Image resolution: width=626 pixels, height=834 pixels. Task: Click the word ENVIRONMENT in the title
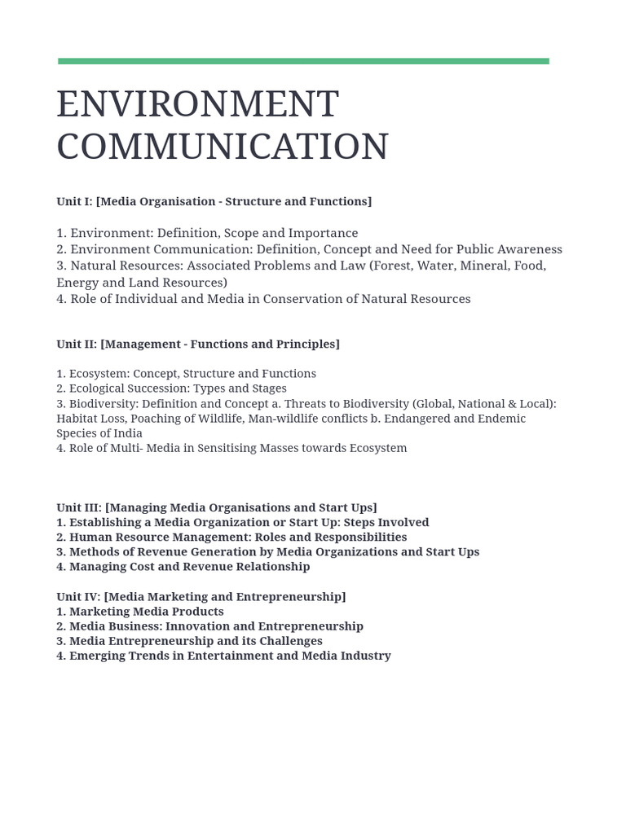(x=197, y=105)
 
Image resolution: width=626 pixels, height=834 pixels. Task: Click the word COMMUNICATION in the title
(x=223, y=147)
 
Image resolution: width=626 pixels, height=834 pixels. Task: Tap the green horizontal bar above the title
(x=303, y=61)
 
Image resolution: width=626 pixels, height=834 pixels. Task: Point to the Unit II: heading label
(x=76, y=344)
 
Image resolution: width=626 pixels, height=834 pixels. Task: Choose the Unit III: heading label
(x=78, y=507)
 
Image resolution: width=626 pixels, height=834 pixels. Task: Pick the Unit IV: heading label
(x=78, y=596)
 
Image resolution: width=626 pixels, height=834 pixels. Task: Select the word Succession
(x=156, y=388)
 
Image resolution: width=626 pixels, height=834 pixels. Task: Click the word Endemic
(x=500, y=419)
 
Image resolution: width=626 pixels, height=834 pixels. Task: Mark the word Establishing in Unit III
(x=104, y=522)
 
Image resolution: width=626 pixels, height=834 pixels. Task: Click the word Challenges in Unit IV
(x=289, y=641)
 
